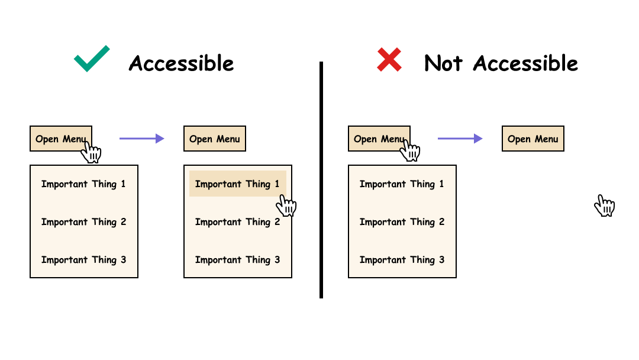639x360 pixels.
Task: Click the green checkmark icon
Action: [x=92, y=59]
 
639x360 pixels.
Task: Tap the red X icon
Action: [x=389, y=60]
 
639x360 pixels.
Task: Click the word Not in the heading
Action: [x=444, y=63]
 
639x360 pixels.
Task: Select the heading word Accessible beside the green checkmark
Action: [x=181, y=63]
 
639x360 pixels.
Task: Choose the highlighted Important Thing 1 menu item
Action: [x=237, y=184]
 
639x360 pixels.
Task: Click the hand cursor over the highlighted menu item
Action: [x=286, y=205]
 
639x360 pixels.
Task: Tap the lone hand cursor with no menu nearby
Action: [x=605, y=205]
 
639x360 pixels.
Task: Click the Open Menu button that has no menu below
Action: [x=532, y=139]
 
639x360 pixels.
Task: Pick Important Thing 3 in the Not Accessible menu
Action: [x=402, y=259]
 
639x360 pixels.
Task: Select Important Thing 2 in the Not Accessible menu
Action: [x=402, y=221]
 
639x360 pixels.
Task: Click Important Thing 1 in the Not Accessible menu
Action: [x=402, y=184]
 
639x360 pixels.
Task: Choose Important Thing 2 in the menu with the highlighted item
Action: [x=237, y=221]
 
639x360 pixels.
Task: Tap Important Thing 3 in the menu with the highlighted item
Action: [x=237, y=259]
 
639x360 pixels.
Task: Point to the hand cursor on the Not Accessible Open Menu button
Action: [x=410, y=150]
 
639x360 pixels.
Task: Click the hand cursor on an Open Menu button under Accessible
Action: [x=92, y=151]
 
